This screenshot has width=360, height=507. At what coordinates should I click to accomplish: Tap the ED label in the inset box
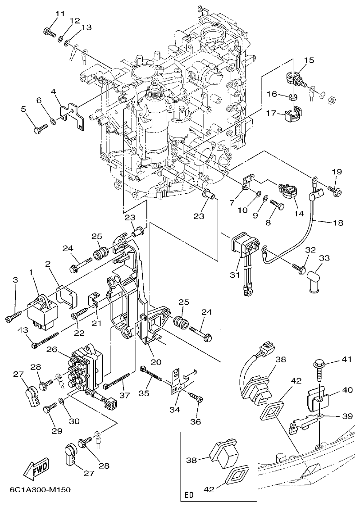[x=189, y=495]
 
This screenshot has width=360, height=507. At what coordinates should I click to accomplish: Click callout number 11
[x=60, y=13]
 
